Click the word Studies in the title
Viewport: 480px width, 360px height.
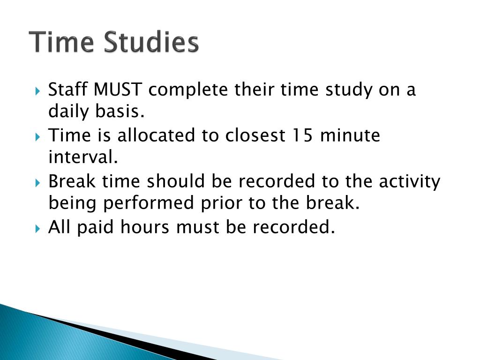click(151, 43)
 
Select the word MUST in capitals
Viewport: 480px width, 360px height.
click(118, 90)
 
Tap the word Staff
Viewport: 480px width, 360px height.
click(68, 90)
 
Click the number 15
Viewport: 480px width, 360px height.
click(302, 135)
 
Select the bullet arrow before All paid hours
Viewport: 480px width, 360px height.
click(38, 228)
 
